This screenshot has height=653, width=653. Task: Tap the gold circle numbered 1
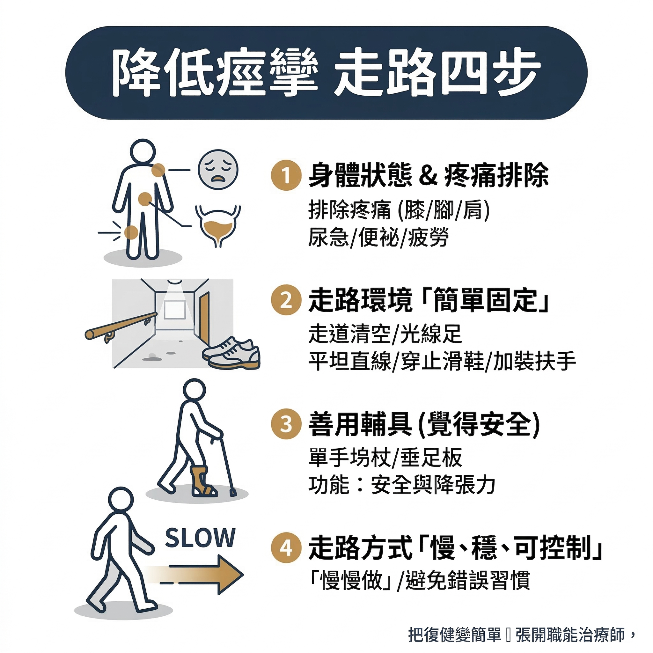[286, 175]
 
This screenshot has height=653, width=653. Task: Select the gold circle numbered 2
[286, 300]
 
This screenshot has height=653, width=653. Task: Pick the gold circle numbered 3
[286, 424]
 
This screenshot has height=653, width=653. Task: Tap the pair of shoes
[231, 353]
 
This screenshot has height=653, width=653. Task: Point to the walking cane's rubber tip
[233, 492]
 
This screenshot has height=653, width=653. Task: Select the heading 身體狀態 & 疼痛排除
[428, 175]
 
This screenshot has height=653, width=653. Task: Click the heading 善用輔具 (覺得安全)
[424, 424]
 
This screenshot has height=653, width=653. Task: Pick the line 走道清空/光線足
[385, 334]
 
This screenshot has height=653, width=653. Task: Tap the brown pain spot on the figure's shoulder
[158, 170]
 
